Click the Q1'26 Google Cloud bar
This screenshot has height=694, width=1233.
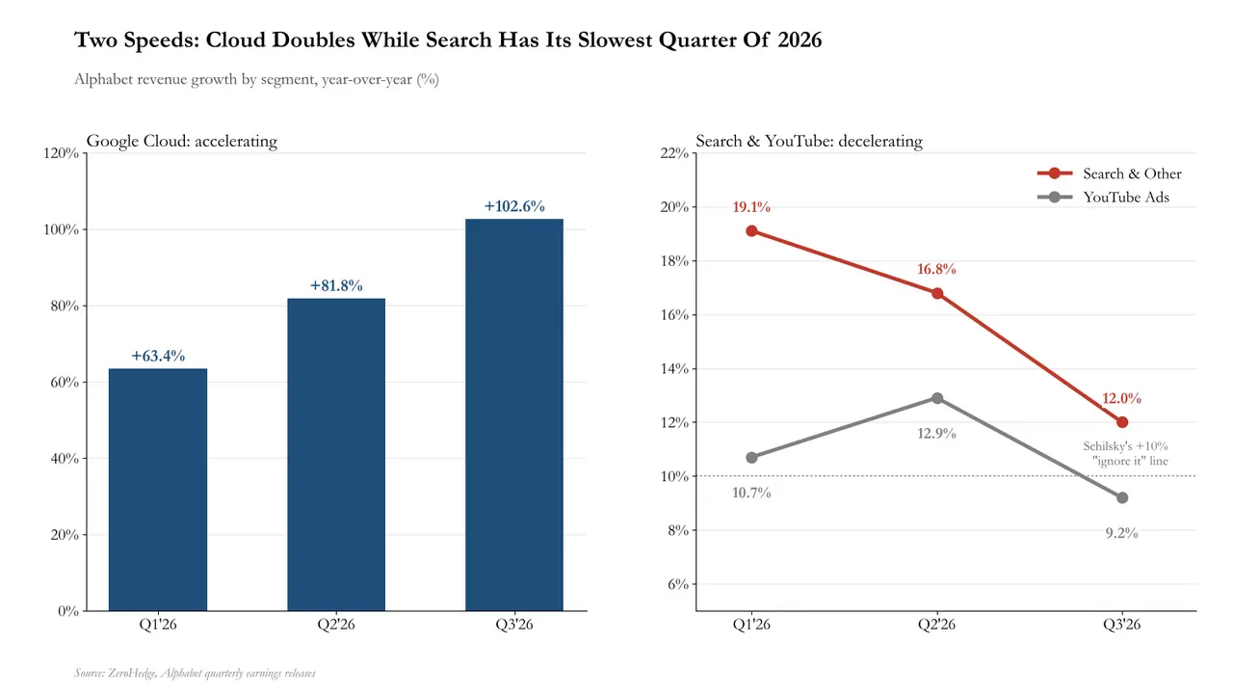click(158, 489)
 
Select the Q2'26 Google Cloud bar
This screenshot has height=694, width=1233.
click(336, 454)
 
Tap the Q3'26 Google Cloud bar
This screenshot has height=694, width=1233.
click(514, 414)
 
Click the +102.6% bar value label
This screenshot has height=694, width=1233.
click(514, 206)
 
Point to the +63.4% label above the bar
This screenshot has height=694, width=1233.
click(158, 356)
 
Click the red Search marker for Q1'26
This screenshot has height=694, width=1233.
click(752, 230)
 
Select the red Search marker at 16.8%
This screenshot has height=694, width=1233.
click(937, 293)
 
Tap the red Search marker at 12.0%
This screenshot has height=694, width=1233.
click(1122, 422)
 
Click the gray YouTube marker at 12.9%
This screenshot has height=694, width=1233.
click(937, 398)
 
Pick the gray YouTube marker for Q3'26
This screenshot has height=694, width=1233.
click(1122, 498)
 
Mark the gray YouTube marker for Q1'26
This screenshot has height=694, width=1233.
click(752, 458)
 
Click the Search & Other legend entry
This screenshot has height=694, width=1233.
click(1110, 173)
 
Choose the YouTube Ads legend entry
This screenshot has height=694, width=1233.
click(1103, 198)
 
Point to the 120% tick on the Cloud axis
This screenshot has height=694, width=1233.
click(61, 153)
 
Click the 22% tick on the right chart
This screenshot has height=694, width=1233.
click(674, 153)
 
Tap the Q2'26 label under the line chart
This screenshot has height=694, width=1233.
click(937, 625)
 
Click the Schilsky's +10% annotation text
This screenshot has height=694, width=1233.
click(1126, 453)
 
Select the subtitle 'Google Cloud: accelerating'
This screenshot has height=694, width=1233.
click(182, 141)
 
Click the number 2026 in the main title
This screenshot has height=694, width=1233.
click(800, 40)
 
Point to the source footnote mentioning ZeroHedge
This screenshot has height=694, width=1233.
click(195, 673)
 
